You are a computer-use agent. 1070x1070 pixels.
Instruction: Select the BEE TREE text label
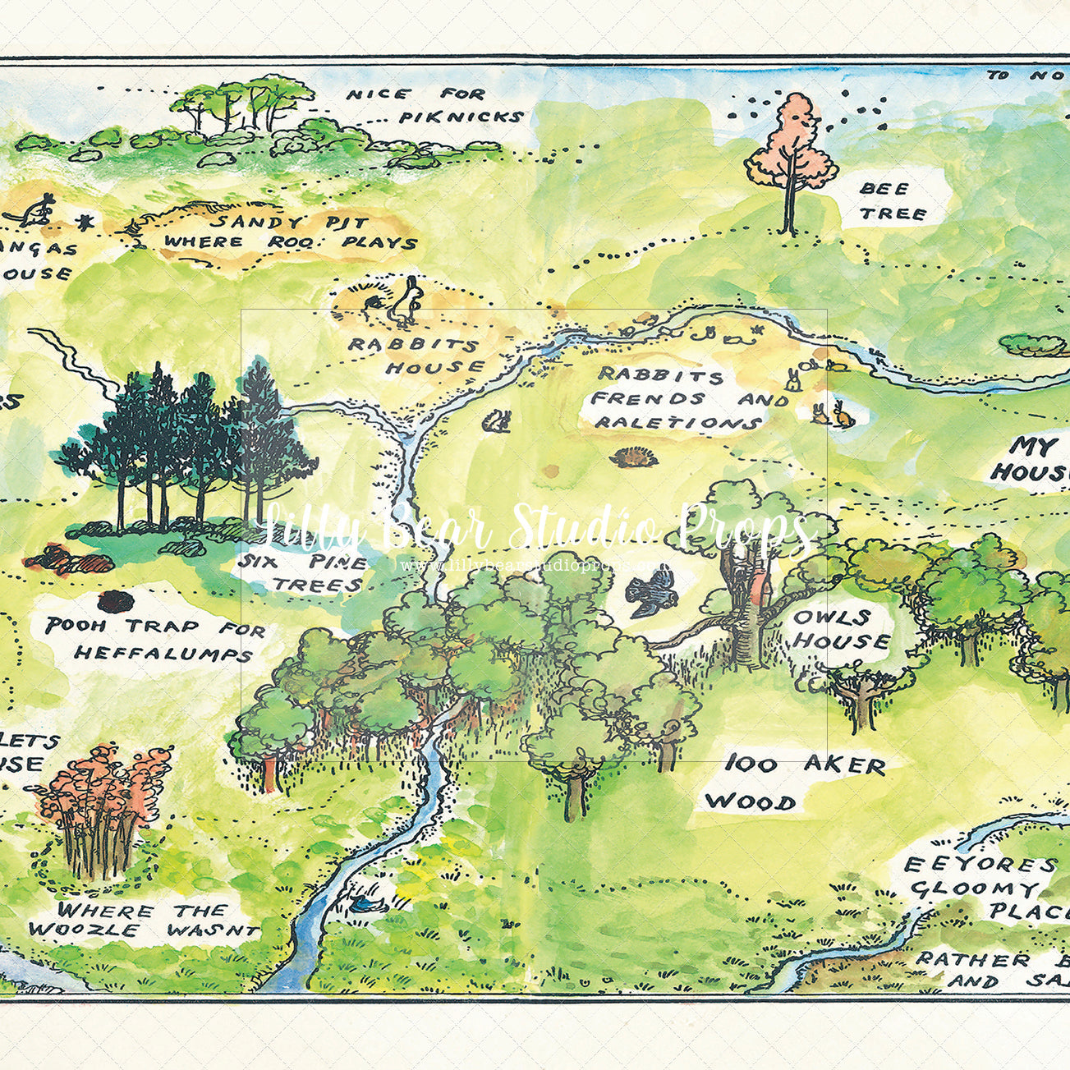[x=893, y=201]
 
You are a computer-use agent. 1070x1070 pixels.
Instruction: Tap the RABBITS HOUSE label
[x=415, y=356]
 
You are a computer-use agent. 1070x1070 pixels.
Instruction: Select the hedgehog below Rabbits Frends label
[x=630, y=457]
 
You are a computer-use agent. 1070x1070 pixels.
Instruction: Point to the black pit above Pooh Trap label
[x=115, y=601]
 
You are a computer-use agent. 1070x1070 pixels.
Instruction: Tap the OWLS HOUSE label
[x=840, y=628]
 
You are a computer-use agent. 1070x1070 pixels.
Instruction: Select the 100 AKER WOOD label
[x=792, y=783]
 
